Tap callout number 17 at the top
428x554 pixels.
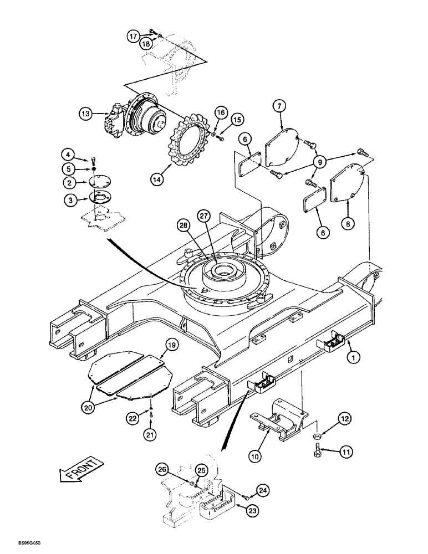point(134,37)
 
